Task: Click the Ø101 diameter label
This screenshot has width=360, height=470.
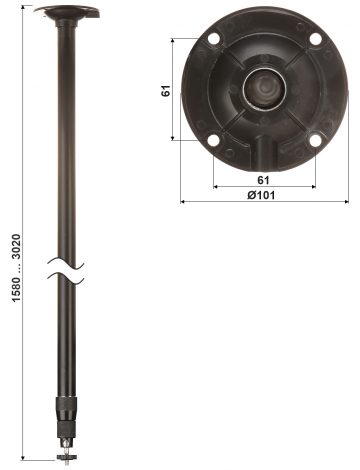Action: [261, 194]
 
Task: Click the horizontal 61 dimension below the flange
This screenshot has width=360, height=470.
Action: [261, 178]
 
